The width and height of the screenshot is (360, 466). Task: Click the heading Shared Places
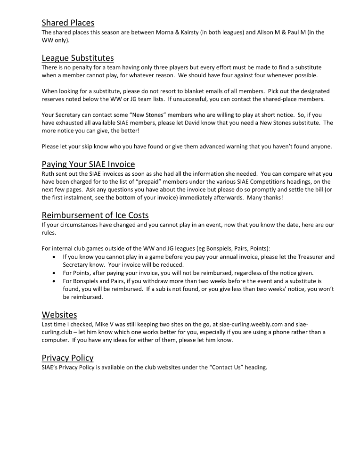68,23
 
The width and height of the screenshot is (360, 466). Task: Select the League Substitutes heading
78,58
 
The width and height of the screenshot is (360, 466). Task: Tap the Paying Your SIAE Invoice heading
88,164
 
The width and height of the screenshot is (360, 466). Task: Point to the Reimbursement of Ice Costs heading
95,215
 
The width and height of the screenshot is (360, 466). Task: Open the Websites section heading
59,314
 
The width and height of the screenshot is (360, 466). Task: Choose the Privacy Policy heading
67,358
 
